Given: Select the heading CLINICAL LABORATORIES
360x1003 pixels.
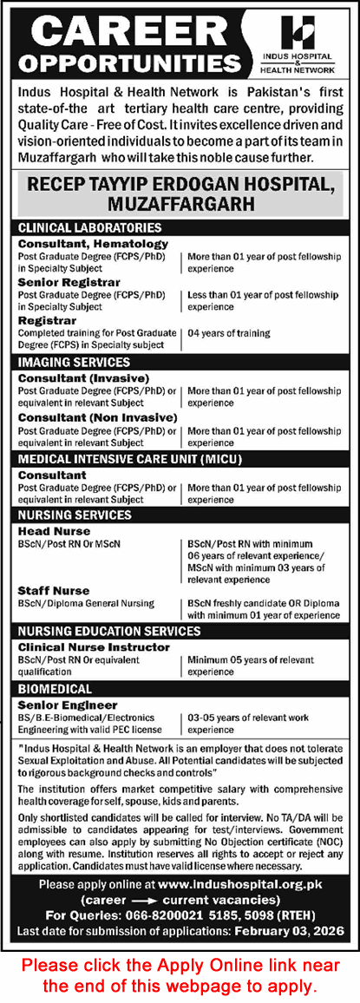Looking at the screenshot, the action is coord(90,227).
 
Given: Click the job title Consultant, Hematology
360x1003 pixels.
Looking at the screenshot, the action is coord(93,244).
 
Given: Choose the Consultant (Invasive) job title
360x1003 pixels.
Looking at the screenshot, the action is coord(83,379).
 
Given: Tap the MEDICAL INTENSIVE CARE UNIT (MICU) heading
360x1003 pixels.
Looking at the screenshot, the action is coord(129,459).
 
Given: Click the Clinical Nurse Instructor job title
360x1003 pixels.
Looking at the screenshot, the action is coord(88,647).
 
